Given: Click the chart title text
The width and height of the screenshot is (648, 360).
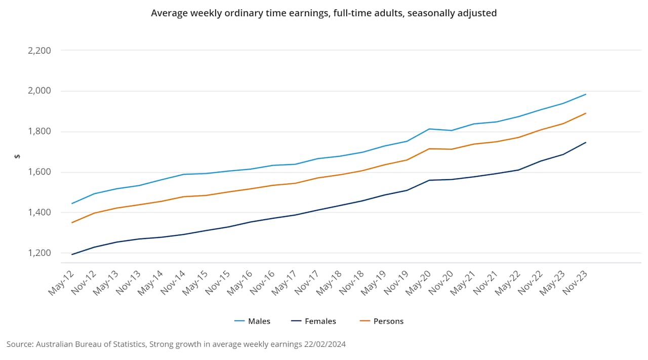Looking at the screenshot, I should coord(323,13).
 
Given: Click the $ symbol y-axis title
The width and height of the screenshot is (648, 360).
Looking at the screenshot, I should coord(17,156).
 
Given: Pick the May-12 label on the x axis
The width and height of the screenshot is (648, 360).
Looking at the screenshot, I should coord(61,283).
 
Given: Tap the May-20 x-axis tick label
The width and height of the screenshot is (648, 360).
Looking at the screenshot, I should coord(418,283).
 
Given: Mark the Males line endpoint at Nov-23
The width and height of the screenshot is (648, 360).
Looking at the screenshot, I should coord(586,94).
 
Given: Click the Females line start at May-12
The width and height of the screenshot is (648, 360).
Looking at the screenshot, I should coord(72,254).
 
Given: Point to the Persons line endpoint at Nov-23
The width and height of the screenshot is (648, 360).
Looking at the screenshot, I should coord(586,113).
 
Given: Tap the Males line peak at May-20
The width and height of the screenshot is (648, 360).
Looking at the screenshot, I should coord(429,129).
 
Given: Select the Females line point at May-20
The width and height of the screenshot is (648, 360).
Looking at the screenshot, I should coord(429,180).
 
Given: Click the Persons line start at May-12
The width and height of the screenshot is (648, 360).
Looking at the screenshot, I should coord(72,222).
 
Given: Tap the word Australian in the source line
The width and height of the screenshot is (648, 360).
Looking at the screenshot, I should coord(56,344).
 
